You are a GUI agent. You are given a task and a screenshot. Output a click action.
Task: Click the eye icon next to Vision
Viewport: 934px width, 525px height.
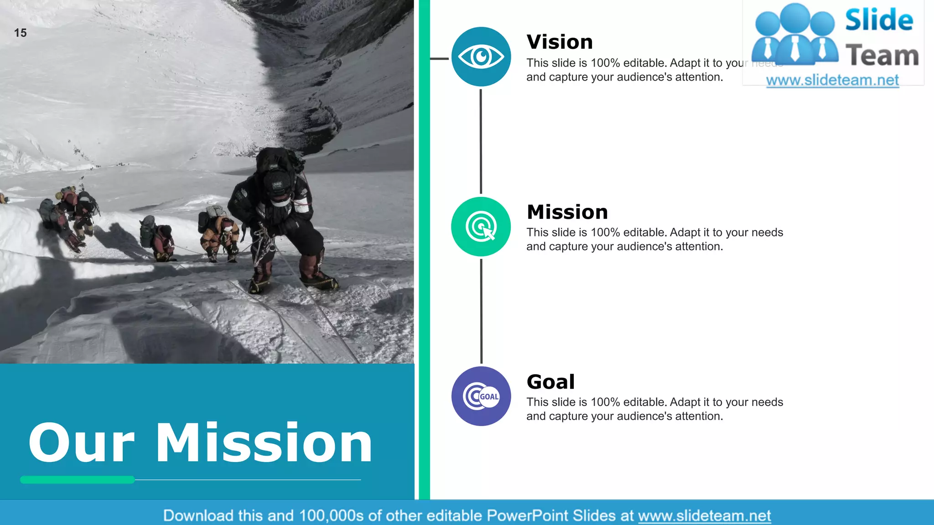pos(481,57)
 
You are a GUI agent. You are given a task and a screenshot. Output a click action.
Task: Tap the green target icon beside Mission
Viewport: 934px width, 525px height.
pos(481,226)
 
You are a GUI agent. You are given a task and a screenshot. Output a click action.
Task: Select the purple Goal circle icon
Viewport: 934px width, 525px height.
pos(481,396)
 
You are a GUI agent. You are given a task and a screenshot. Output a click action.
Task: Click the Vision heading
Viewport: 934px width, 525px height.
pos(560,42)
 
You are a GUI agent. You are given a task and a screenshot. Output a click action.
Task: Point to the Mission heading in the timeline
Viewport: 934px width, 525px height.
pos(567,212)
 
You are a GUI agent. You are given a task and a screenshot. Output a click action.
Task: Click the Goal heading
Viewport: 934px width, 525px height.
pos(551,382)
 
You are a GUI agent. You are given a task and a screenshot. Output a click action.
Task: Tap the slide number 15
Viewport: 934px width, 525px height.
pos(21,33)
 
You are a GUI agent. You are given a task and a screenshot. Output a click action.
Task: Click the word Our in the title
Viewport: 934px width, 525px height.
pos(82,443)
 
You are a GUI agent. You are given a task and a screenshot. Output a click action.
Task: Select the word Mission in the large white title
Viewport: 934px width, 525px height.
pos(265,443)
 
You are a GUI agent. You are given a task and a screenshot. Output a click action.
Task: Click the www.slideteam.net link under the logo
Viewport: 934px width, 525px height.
pos(832,80)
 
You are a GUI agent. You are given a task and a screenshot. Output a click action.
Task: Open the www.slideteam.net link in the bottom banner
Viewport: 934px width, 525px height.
pos(704,515)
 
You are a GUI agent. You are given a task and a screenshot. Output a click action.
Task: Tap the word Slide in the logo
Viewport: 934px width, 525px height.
pos(879,20)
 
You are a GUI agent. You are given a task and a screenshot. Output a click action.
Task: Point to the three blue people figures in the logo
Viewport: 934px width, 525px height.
pos(794,34)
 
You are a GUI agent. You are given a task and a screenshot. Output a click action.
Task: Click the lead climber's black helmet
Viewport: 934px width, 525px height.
pos(277,182)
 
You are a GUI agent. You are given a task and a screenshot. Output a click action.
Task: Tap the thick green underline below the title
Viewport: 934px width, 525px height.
pos(78,479)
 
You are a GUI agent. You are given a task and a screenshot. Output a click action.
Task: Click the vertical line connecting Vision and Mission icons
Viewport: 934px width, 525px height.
pos(481,141)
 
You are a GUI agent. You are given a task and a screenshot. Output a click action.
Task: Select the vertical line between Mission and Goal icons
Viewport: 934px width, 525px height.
pos(481,311)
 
